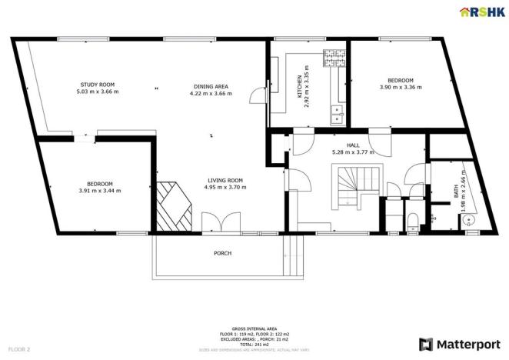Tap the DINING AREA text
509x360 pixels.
click(210, 85)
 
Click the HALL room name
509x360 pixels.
click(353, 145)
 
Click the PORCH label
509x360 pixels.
click(222, 253)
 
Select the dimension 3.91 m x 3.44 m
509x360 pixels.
click(99, 191)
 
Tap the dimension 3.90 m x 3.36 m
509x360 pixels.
click(401, 88)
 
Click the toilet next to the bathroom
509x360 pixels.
click(414, 223)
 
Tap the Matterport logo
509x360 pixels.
click(458, 344)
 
